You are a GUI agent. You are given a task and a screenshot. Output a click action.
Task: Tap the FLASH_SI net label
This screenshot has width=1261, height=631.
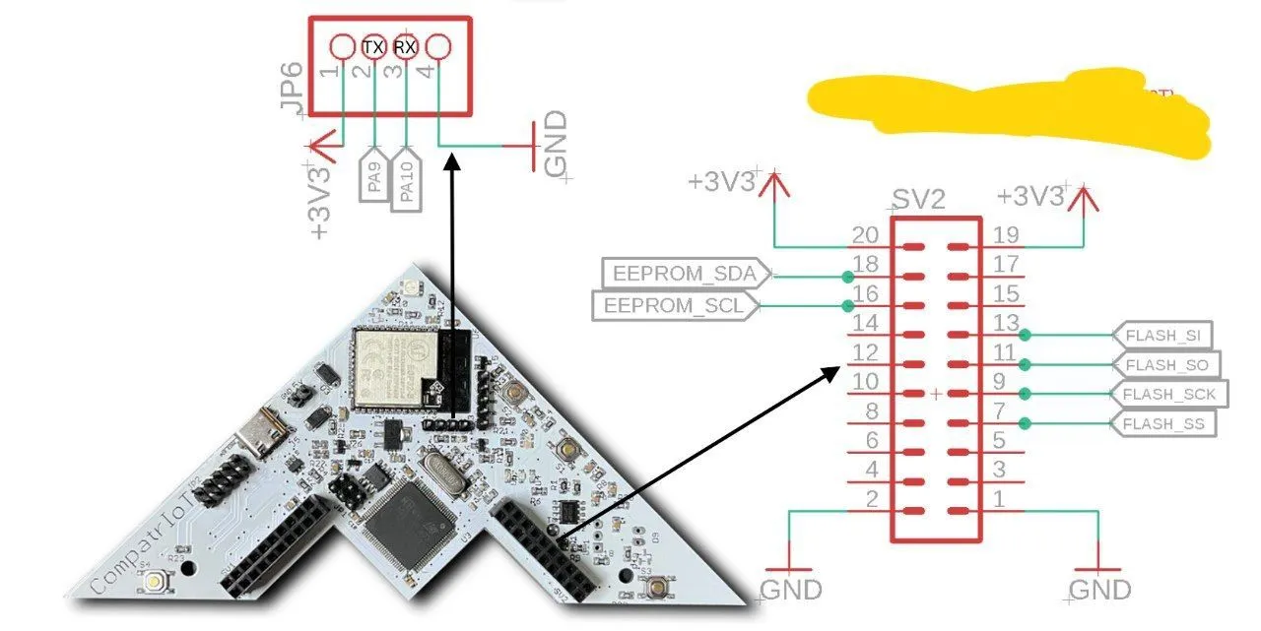(x=1162, y=335)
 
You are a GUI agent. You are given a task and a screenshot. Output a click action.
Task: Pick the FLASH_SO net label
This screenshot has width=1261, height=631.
(x=1164, y=365)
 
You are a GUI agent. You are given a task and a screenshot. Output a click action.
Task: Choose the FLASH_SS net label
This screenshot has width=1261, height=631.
(x=1162, y=424)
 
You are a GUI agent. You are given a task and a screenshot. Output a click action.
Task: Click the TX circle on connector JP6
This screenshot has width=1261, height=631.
(x=373, y=46)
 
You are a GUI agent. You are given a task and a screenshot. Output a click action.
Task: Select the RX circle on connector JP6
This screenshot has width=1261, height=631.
(x=405, y=46)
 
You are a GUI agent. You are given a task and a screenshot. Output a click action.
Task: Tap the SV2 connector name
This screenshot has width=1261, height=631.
(x=918, y=201)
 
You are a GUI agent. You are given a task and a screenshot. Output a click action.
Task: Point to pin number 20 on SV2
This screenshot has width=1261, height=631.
(x=865, y=235)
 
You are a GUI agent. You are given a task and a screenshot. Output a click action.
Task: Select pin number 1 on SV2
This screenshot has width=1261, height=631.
(x=999, y=500)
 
